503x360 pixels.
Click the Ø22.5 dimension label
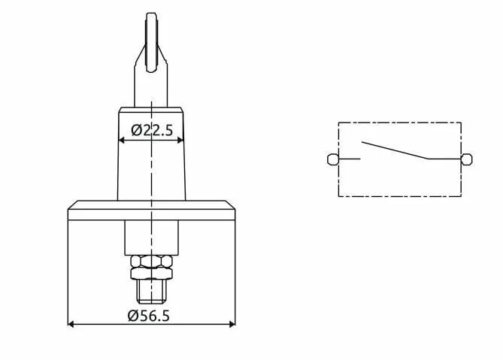point(152,130)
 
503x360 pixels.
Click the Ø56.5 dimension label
point(149,316)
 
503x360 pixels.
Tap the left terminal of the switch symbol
point(332,159)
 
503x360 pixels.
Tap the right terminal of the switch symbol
point(467,159)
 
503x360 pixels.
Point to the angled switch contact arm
point(395,150)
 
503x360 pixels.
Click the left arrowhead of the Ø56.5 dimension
point(71,325)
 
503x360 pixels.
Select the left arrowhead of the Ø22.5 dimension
point(122,140)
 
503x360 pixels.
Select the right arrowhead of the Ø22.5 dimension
point(180,140)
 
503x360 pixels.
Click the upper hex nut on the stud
point(151,262)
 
